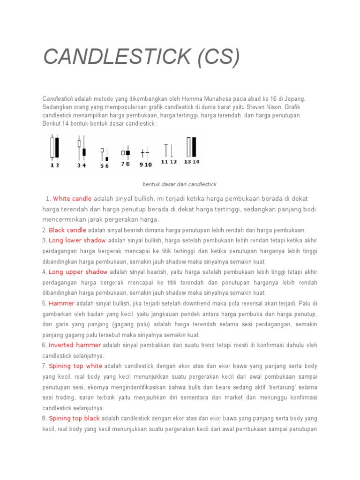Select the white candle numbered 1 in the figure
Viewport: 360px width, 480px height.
coord(52,147)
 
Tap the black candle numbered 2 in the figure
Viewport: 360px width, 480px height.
coord(57,147)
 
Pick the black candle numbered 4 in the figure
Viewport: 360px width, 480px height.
coord(84,151)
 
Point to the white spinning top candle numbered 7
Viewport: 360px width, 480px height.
coord(123,152)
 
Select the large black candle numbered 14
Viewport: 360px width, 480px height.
coord(194,147)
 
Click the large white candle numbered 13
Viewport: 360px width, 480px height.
coord(188,147)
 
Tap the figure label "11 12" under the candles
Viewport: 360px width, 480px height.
coord(169,162)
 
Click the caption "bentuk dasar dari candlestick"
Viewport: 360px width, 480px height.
coord(180,184)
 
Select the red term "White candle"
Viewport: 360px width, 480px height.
coord(73,199)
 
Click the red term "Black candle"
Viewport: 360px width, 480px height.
coord(67,230)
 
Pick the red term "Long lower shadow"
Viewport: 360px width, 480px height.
coord(77,240)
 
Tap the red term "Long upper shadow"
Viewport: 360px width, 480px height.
coord(78,272)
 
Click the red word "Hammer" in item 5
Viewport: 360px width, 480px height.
coord(61,303)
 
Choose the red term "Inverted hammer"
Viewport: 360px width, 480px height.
coord(75,345)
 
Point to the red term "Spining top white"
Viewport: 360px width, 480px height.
coord(75,366)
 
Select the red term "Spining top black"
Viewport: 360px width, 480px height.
coord(74,419)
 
